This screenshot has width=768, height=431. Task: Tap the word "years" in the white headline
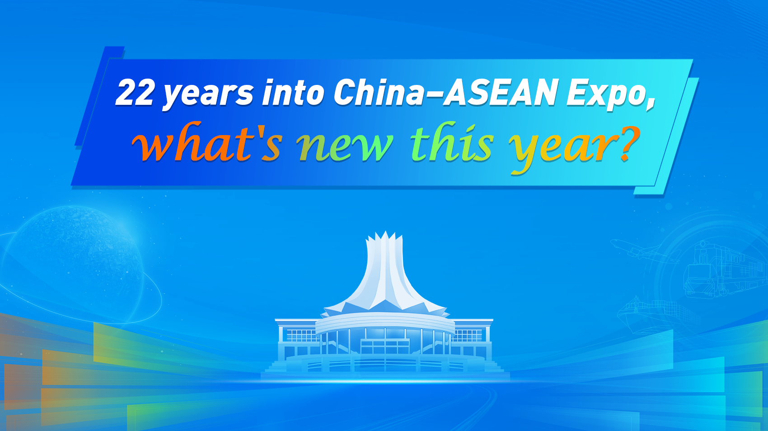(208, 94)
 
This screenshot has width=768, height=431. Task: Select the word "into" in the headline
(293, 92)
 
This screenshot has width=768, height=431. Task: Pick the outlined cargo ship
(656, 315)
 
